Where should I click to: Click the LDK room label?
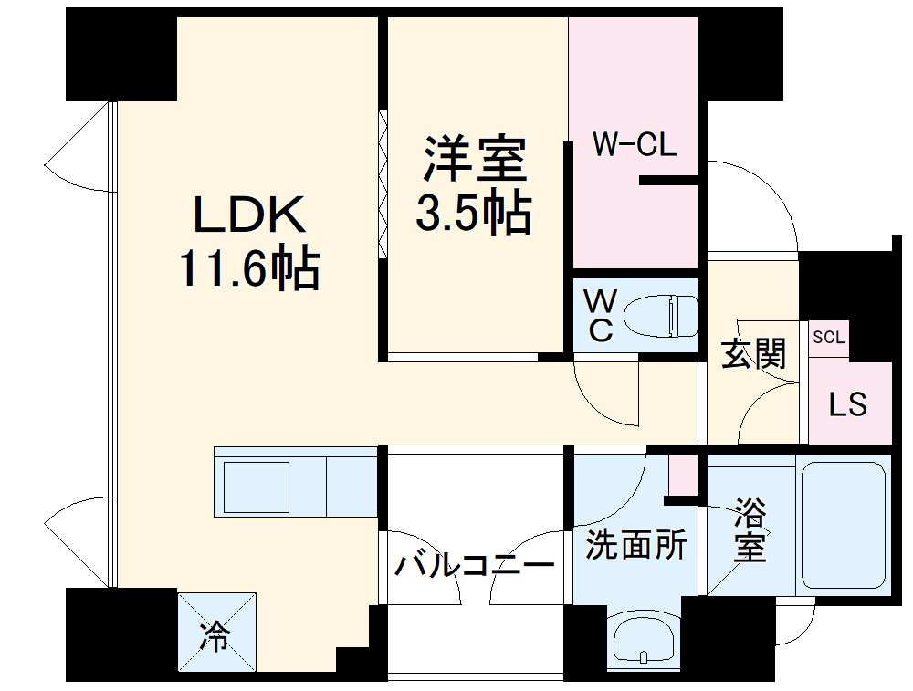(x=247, y=215)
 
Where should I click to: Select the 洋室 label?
(x=473, y=160)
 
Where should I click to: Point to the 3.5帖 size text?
(x=473, y=214)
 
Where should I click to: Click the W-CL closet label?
(x=635, y=145)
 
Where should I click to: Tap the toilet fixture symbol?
(x=659, y=316)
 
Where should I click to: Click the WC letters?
(x=599, y=316)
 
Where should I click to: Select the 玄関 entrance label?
(x=753, y=353)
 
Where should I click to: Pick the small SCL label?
(x=828, y=337)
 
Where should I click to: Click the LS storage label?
(x=847, y=404)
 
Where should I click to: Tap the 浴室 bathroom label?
(x=750, y=531)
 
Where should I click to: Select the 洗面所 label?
(x=635, y=546)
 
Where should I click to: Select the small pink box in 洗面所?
(x=681, y=473)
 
